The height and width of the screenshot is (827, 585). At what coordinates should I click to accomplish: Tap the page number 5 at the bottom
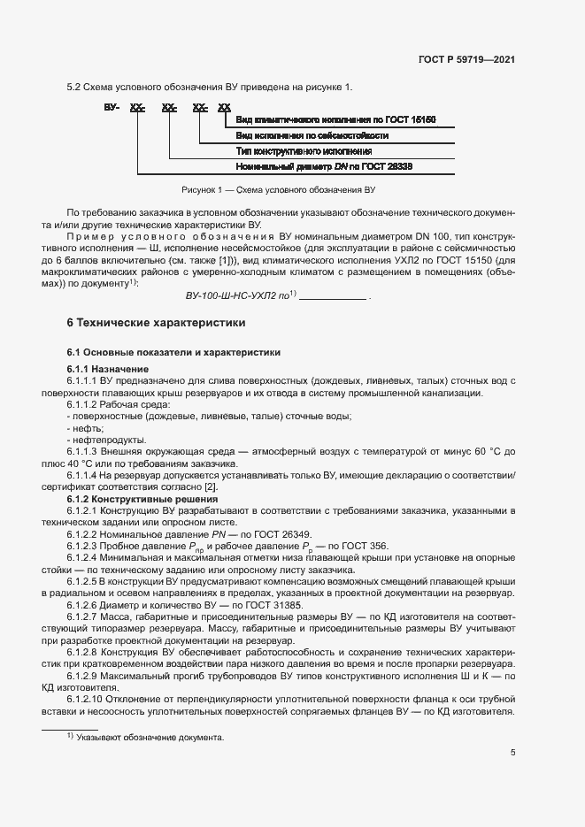pyautogui.click(x=513, y=753)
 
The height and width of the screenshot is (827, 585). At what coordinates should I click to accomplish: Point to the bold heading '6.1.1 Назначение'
pyautogui.click(x=108, y=368)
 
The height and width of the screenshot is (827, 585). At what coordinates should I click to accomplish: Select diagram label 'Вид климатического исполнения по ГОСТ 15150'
pyautogui.click(x=335, y=119)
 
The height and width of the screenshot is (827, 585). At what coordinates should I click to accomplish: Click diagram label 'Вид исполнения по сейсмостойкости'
pyautogui.click(x=312, y=135)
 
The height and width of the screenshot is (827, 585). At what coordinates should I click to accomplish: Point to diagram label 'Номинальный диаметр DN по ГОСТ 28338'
pyautogui.click(x=325, y=166)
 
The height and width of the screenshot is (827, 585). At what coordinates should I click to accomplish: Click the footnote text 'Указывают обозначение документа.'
pyautogui.click(x=150, y=738)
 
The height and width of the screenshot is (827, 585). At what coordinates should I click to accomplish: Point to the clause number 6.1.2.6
pyautogui.click(x=86, y=603)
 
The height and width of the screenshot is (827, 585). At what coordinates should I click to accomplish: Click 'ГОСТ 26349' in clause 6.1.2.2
pyautogui.click(x=283, y=535)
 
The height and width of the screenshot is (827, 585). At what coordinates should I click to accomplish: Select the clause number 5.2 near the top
pyautogui.click(x=74, y=86)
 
